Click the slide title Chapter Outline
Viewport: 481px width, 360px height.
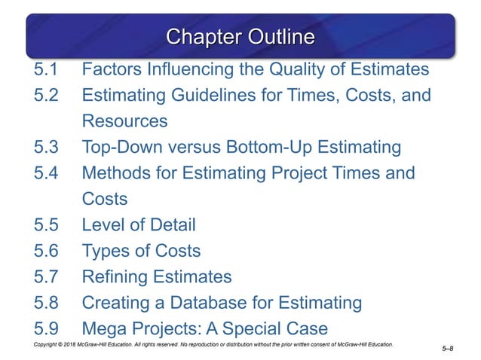pyautogui.click(x=240, y=37)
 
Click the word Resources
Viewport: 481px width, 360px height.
pyautogui.click(x=124, y=121)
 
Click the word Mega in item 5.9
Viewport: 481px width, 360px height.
pyautogui.click(x=105, y=328)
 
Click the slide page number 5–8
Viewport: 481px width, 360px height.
pyautogui.click(x=446, y=349)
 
